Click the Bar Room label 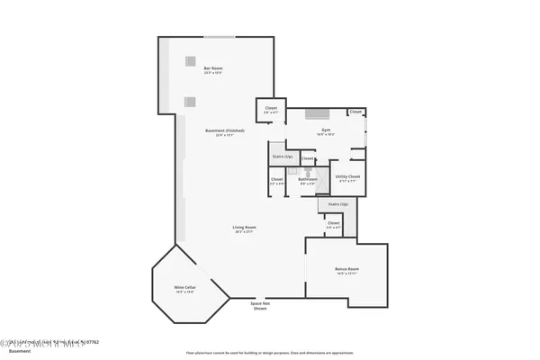(x=213, y=68)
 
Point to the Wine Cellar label (x=184, y=288)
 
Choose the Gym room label (x=326, y=130)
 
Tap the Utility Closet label (x=347, y=176)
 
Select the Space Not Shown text (x=259, y=306)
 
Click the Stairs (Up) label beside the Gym (x=282, y=157)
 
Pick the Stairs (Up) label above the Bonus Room (x=337, y=204)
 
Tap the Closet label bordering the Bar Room (x=271, y=108)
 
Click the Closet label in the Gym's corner (x=355, y=112)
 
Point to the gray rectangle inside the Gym (x=316, y=113)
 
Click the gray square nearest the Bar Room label (x=190, y=60)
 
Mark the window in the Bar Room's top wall (x=216, y=37)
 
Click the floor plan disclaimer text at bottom (x=269, y=352)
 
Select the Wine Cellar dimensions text (x=184, y=292)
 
